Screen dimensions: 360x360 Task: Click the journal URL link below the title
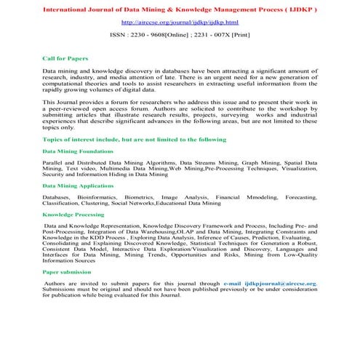point(180,23)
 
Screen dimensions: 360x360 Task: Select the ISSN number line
point(180,34)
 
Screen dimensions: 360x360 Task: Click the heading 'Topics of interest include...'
point(124,138)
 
